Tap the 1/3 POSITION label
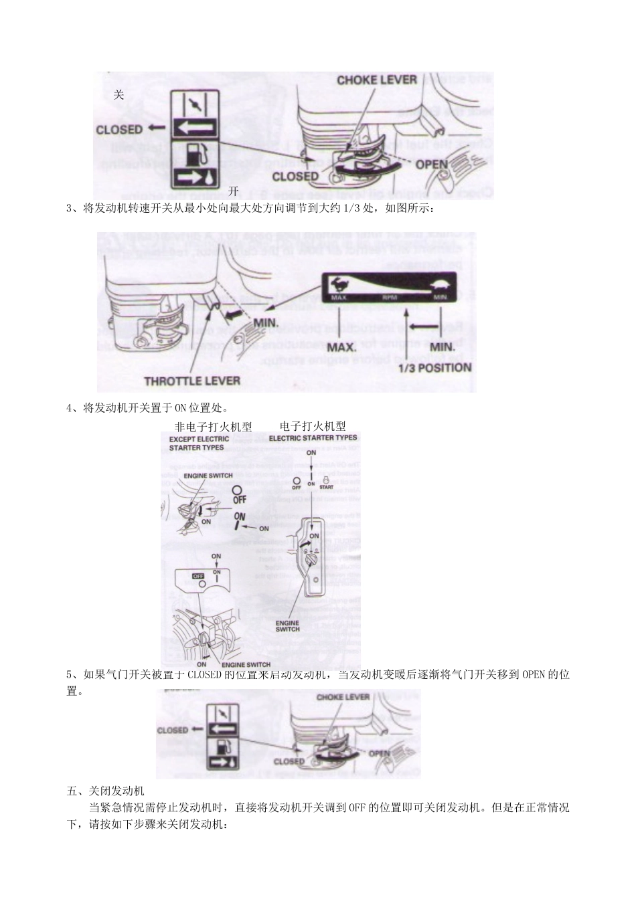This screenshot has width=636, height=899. [x=434, y=367]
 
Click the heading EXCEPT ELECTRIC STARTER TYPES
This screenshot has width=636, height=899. [x=199, y=443]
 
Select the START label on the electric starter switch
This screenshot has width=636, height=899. [x=326, y=488]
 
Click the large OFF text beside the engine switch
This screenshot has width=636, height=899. [x=239, y=499]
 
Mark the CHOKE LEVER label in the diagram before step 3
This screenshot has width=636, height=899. [x=376, y=80]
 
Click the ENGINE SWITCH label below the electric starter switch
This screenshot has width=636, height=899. [x=288, y=625]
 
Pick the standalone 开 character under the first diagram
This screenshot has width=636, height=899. [x=234, y=191]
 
